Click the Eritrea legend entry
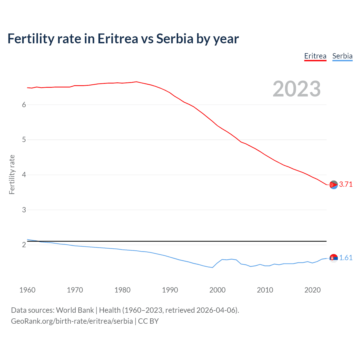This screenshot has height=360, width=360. pos(315,56)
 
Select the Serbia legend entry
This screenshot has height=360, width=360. pos(342,56)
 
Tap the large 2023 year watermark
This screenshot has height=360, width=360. pos(297,89)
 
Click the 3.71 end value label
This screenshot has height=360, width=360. pos(346,184)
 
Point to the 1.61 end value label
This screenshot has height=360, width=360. pos(346,258)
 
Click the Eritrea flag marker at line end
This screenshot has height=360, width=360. pos(334,185)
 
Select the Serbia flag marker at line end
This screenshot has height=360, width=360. pos(334,258)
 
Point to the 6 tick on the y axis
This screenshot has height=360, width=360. pos(24,105)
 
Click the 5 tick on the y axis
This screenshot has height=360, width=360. pos(24,140)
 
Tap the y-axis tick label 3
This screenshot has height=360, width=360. pos(24,210)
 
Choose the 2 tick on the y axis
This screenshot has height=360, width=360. pos(24,245)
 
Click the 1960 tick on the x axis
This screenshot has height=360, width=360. pos(27,290)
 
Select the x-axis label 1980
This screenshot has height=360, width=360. pos(122,290)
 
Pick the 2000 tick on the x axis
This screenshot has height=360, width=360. pos(217,290)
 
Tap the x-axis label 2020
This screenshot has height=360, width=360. pos(312,290)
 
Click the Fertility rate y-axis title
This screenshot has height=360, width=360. pos(12,174)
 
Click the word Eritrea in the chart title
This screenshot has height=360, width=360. pos(118,39)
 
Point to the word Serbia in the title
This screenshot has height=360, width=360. pos(174,39)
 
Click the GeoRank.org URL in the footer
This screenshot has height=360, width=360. pos(72,321)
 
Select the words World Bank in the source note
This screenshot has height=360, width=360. pos(75,310)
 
